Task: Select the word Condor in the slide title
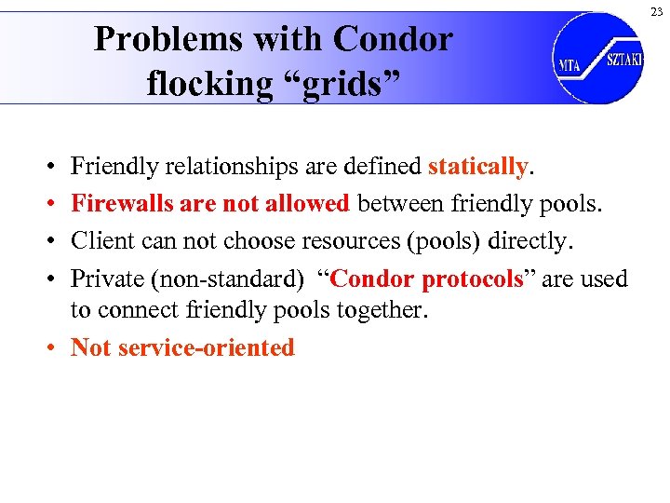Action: (393, 39)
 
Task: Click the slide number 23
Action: (656, 11)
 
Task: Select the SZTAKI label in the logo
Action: (623, 59)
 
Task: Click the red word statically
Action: (477, 167)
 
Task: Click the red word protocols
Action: (473, 279)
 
